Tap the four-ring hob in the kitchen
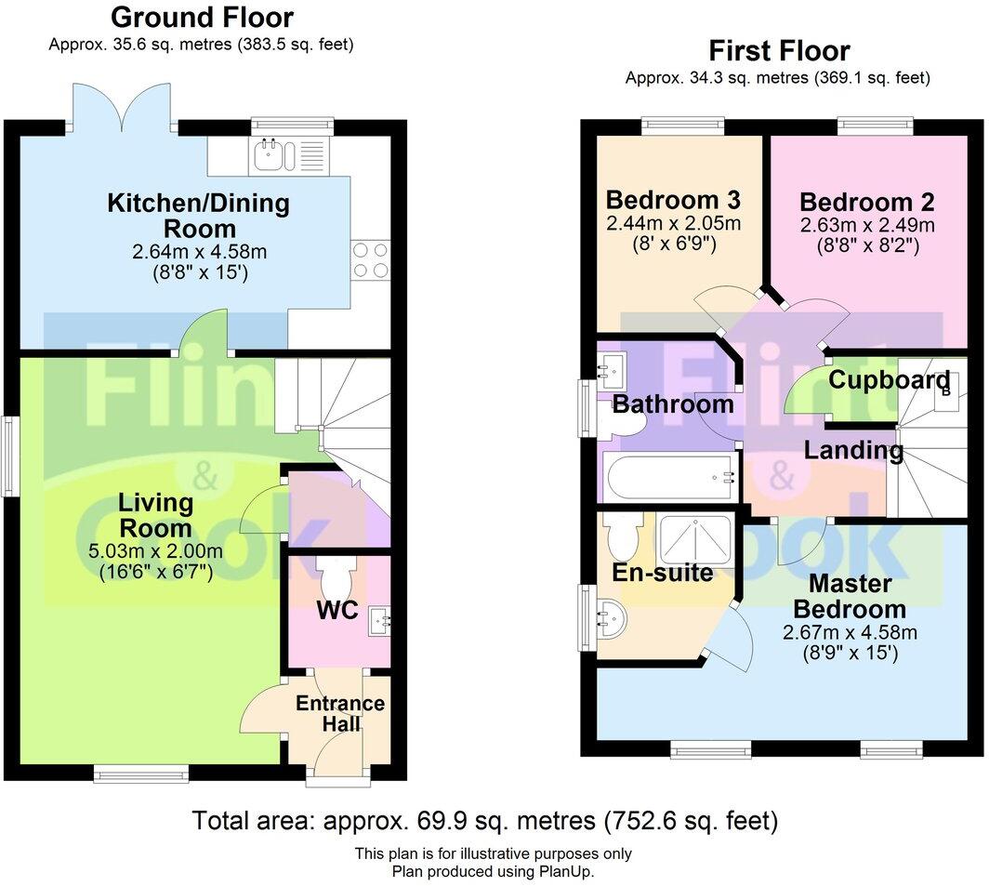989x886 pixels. [370, 260]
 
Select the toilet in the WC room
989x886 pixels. [336, 576]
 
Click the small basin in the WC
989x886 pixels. [379, 621]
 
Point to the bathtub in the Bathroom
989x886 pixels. [671, 477]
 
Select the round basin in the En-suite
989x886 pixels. [611, 618]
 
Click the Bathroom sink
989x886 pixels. [611, 370]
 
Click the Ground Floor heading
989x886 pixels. [202, 17]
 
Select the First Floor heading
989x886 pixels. [779, 50]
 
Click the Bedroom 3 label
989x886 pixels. [673, 200]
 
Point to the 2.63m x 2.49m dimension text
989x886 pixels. [867, 225]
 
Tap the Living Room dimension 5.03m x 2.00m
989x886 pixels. [155, 551]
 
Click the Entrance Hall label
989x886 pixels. [340, 714]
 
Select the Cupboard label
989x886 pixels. [889, 380]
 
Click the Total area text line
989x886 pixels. [485, 821]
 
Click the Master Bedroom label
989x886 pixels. [850, 596]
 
